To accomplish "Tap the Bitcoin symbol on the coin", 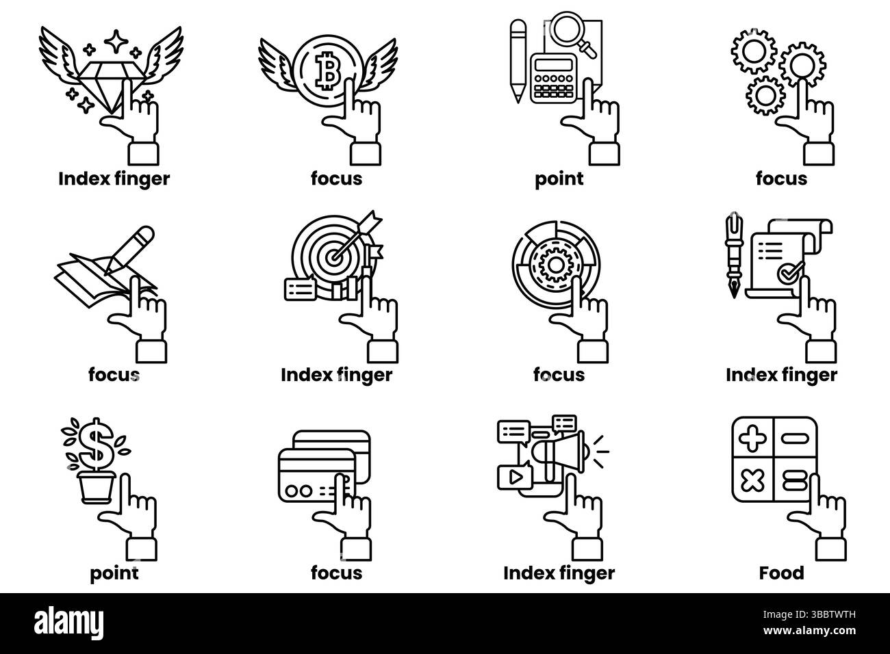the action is tap(328, 71).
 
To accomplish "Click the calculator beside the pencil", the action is tap(553, 78).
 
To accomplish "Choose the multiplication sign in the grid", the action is tap(752, 481).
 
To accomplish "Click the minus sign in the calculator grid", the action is tap(795, 439).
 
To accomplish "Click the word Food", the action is tap(781, 573).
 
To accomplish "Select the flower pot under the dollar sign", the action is tap(97, 488).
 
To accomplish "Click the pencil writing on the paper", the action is tap(129, 250).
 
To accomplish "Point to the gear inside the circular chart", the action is tap(556, 264).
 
